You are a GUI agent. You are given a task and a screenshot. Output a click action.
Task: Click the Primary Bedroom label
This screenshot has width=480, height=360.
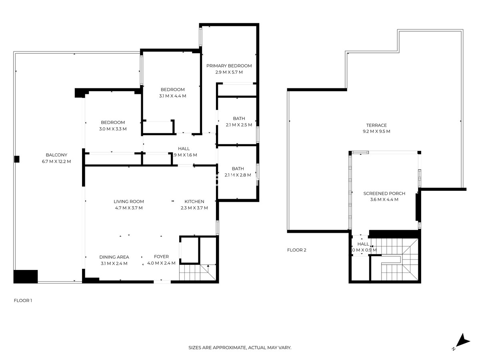[229, 66]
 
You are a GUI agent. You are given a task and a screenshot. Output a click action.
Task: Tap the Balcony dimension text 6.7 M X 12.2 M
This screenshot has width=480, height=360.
[56, 162]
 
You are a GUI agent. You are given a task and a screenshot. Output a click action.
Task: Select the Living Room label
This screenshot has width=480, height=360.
[128, 202]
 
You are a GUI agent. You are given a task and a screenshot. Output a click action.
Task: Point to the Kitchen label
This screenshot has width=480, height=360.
[194, 202]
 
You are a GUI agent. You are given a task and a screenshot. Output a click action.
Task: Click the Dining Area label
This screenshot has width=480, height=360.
[114, 257]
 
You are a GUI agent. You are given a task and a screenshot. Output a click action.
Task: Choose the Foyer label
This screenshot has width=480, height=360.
[161, 257]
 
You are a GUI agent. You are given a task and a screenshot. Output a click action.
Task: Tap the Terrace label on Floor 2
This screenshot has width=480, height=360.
[376, 125]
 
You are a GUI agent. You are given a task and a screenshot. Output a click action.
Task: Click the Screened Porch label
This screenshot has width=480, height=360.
[384, 194]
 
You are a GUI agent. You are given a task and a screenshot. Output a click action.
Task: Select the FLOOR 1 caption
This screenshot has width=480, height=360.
[23, 300]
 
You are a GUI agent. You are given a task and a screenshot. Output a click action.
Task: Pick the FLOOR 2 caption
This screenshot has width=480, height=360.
[296, 250]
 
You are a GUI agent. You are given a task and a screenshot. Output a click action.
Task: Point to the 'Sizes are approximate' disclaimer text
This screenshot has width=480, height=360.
[240, 348]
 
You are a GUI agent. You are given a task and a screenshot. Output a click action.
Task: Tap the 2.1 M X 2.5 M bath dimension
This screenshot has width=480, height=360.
[239, 125]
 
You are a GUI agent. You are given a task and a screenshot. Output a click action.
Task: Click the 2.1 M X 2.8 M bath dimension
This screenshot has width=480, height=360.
[238, 175]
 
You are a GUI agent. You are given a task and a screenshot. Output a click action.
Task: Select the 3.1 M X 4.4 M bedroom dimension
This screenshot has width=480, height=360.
[172, 96]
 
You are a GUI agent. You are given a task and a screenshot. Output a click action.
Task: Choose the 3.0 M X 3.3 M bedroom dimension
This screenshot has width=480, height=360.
[113, 129]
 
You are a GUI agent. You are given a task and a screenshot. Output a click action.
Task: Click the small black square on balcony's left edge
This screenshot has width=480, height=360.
[17, 159]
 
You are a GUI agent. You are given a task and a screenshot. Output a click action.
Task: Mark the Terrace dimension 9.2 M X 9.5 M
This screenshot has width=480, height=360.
[376, 131]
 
